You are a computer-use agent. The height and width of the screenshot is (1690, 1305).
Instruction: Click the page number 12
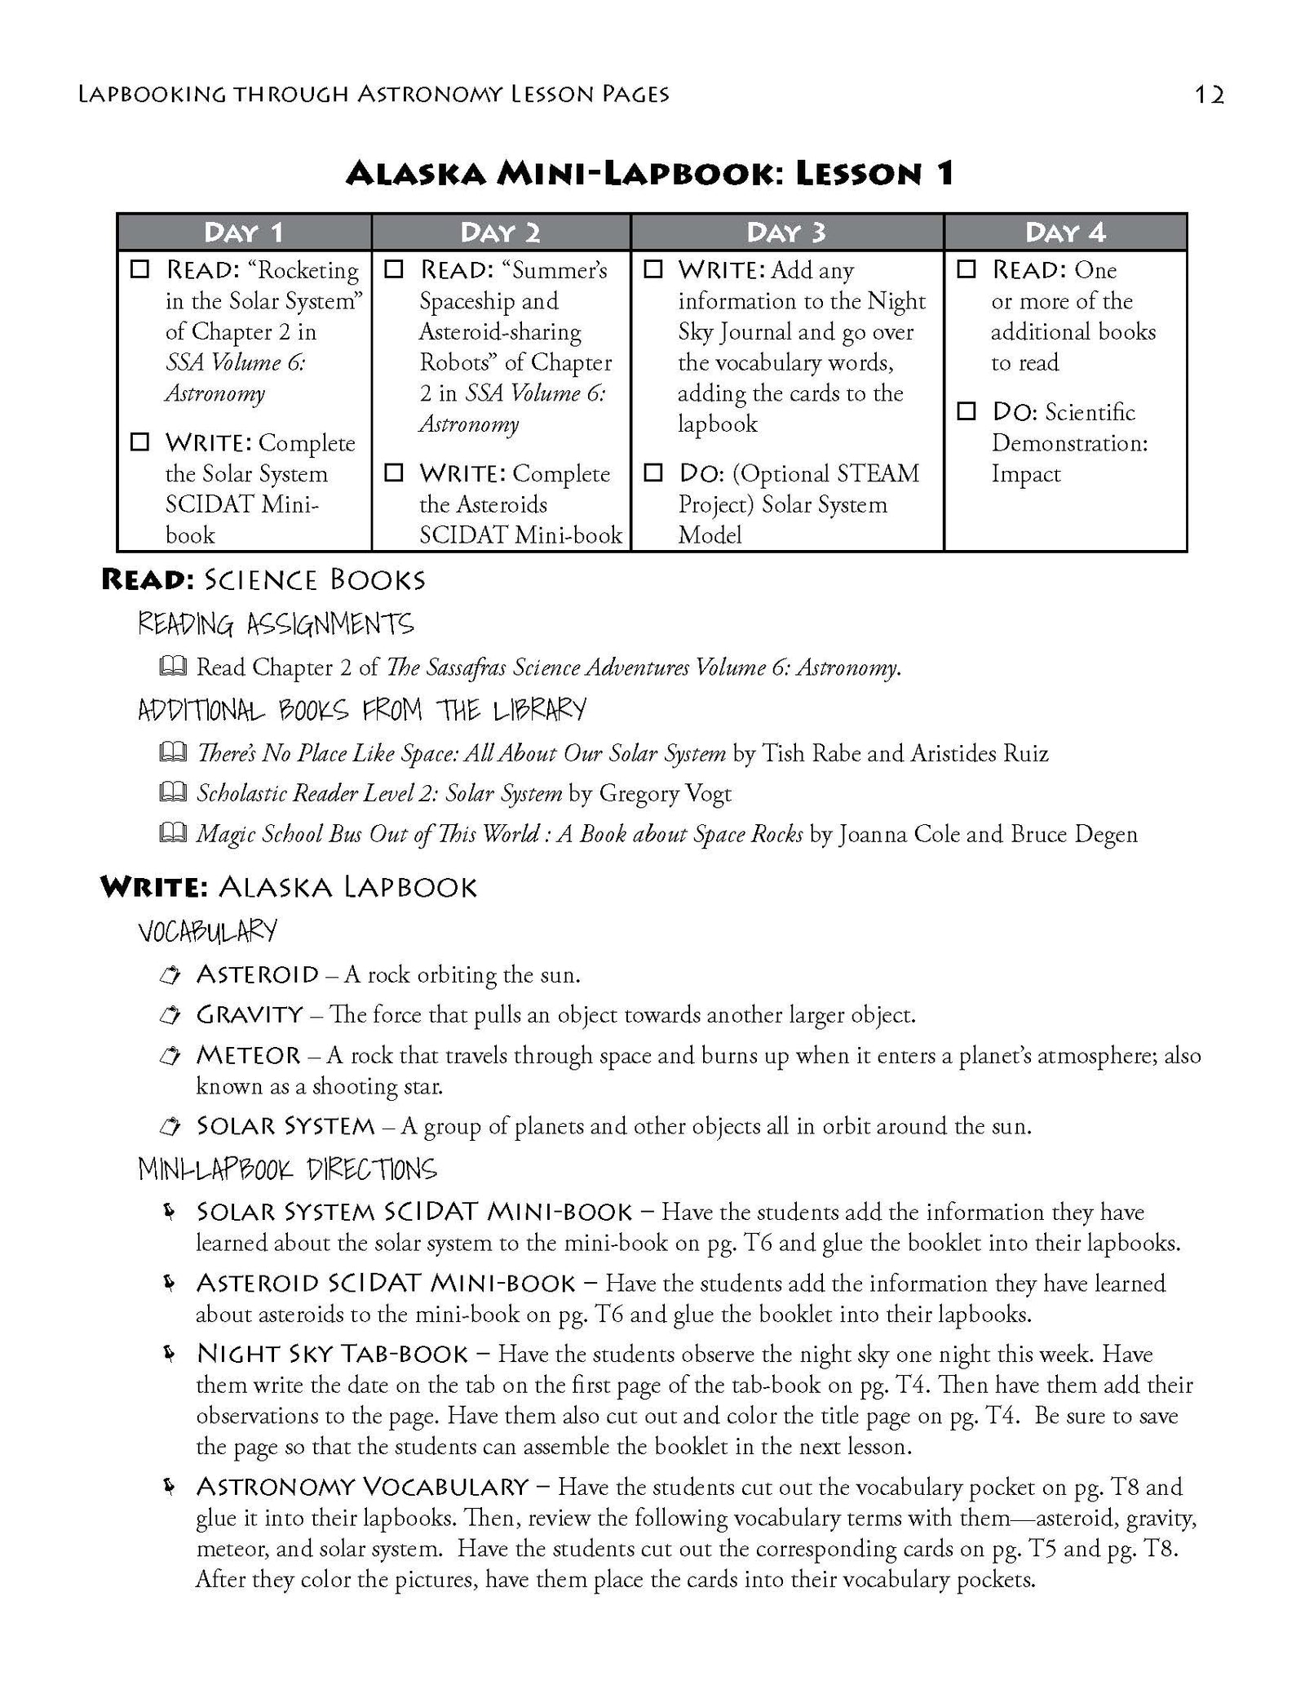[x=1209, y=95]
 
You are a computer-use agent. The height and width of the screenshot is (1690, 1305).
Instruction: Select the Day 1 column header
[x=243, y=233]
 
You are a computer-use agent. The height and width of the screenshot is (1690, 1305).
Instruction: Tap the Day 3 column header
[x=786, y=233]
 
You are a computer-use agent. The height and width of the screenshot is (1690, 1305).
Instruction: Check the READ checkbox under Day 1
[x=140, y=269]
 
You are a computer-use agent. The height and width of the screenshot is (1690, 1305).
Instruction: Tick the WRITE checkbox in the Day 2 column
[x=394, y=472]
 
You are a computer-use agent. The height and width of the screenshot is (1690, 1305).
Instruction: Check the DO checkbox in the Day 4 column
[x=967, y=411]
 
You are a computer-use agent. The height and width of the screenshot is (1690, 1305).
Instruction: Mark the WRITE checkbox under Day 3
[x=653, y=269]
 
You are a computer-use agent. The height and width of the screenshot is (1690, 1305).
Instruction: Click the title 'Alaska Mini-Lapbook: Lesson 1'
[x=650, y=173]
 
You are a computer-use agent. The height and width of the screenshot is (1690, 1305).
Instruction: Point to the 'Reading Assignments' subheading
[x=276, y=624]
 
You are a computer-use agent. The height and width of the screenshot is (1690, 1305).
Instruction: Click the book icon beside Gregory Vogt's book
[x=172, y=792]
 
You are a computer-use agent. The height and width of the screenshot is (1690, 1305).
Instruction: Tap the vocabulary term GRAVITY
[x=250, y=1014]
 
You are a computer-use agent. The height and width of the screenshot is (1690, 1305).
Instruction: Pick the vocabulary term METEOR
[x=249, y=1055]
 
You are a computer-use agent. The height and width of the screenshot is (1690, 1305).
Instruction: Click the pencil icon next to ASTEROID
[x=170, y=974]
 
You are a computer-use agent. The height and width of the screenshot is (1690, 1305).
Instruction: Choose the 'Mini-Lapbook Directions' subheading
[x=288, y=1169]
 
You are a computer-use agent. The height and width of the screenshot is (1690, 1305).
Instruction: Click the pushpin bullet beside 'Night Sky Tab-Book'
[x=169, y=1354]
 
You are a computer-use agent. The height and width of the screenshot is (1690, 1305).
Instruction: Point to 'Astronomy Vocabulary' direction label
[x=363, y=1486]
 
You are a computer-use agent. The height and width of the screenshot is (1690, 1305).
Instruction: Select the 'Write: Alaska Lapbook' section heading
[x=289, y=887]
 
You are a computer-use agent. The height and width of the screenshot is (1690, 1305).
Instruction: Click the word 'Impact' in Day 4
[x=1025, y=474]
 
